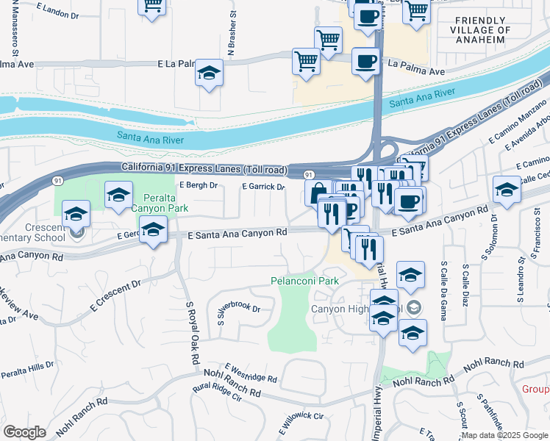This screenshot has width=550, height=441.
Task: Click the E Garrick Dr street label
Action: tap(263, 187)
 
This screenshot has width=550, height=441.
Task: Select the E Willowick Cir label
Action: tap(301, 420)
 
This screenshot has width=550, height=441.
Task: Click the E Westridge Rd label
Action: tap(251, 373)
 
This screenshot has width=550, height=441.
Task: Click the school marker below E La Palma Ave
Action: tap(210, 73)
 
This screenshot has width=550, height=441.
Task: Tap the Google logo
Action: tap(24, 432)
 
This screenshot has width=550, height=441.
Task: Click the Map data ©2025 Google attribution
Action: tap(505, 435)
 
